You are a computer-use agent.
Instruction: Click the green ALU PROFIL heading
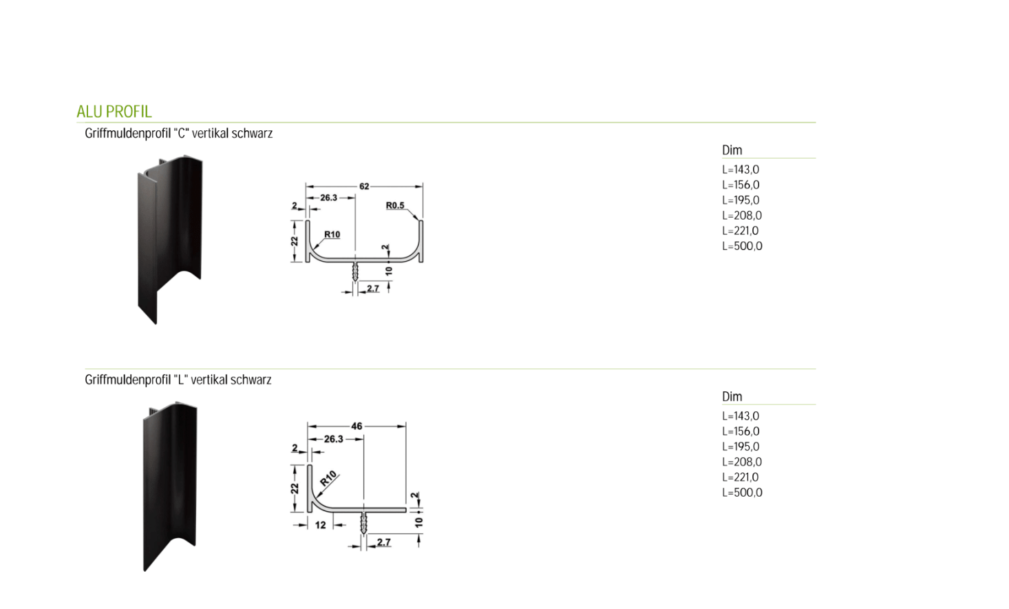pyautogui.click(x=114, y=112)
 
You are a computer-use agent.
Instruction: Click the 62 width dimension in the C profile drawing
pyautogui.click(x=364, y=186)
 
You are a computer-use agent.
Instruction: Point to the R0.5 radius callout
pyautogui.click(x=395, y=205)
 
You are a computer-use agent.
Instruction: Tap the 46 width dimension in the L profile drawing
pyautogui.click(x=357, y=426)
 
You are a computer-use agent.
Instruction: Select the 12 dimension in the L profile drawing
pyautogui.click(x=320, y=525)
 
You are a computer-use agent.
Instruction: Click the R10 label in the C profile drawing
pyautogui.click(x=332, y=234)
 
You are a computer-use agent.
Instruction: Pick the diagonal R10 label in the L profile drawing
pyautogui.click(x=328, y=479)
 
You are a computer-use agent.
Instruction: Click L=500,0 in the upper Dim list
pyautogui.click(x=743, y=246)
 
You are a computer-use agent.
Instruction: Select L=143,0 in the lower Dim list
pyautogui.click(x=741, y=416)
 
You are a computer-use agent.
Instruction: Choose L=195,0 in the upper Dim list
pyautogui.click(x=741, y=200)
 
